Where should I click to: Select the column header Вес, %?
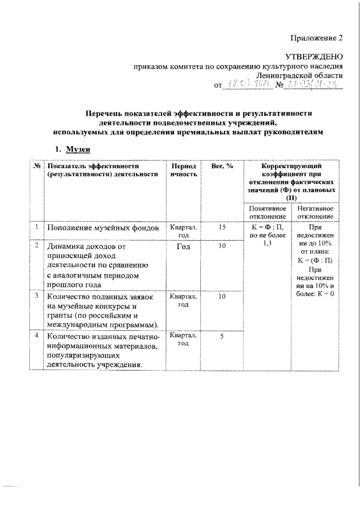coord(221,166)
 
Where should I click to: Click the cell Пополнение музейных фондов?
coord(103,228)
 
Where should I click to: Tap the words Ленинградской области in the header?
coord(299,75)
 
